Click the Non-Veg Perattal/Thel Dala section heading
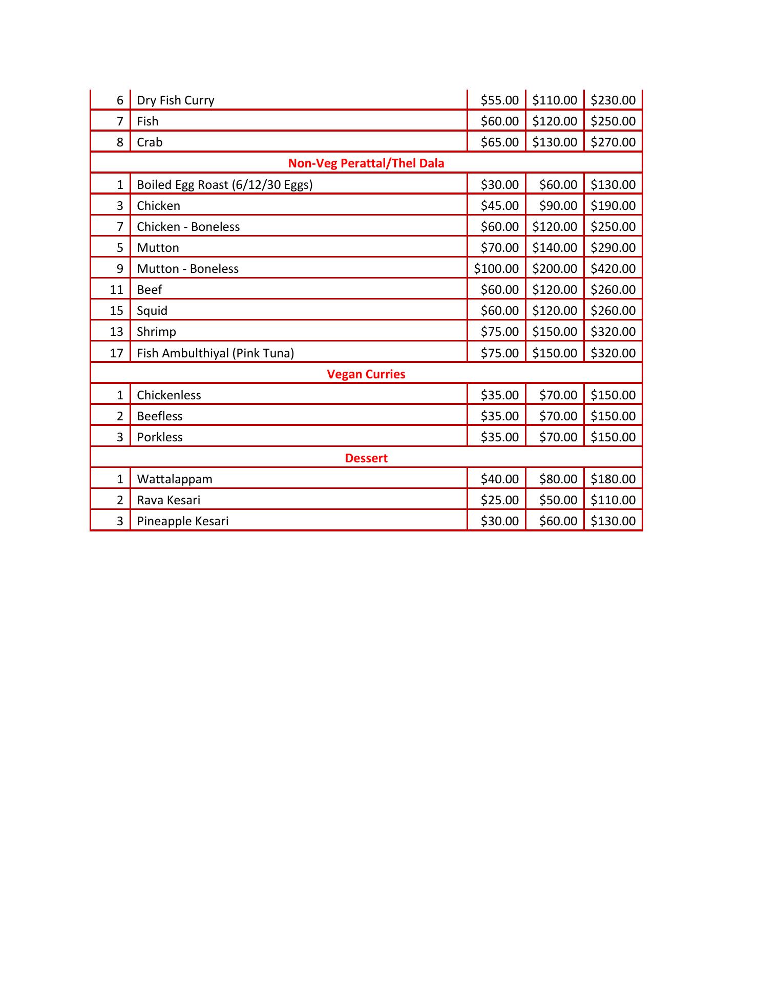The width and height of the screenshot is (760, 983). coord(366,163)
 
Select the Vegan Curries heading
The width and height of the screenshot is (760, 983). coord(366,374)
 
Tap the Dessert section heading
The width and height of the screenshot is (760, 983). coord(366,458)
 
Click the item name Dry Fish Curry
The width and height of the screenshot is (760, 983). coord(175,100)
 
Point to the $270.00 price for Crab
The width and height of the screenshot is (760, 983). coord(613,142)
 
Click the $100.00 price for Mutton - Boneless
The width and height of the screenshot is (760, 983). coord(496,269)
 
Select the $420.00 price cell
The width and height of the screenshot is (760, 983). coord(613,269)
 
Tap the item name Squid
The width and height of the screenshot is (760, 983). coord(152,311)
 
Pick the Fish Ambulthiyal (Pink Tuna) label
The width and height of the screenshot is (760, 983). coord(215,353)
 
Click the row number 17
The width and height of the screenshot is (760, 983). coord(116,353)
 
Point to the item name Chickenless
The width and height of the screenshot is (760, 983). coord(168,395)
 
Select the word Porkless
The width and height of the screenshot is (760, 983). coord(159,437)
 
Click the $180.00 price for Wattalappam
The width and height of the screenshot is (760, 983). coord(613,479)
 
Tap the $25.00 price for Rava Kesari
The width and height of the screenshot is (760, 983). coord(499,500)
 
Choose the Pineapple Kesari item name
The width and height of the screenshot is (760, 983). coord(182,521)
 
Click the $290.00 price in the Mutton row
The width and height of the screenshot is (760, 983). coord(613,248)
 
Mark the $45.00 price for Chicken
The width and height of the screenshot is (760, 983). coord(499,206)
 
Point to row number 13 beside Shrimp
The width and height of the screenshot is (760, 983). coord(116,332)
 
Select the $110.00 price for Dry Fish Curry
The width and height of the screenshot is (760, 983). coord(554,100)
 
